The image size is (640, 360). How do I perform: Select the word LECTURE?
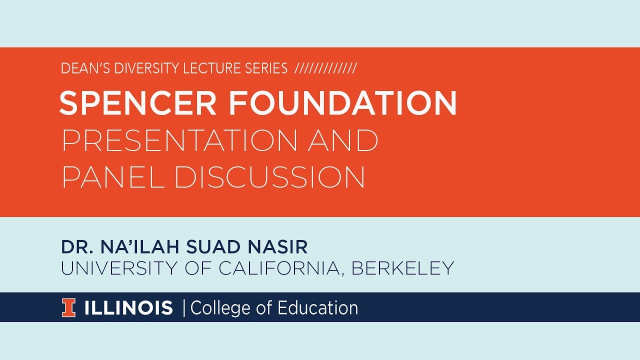[204, 68]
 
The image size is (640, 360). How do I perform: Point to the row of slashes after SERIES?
[325, 68]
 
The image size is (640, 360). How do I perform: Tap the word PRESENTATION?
[179, 141]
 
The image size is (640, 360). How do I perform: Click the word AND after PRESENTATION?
[343, 141]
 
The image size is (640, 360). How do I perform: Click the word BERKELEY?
[402, 268]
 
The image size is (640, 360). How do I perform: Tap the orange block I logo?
[68, 308]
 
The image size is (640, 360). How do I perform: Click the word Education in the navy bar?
[317, 308]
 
